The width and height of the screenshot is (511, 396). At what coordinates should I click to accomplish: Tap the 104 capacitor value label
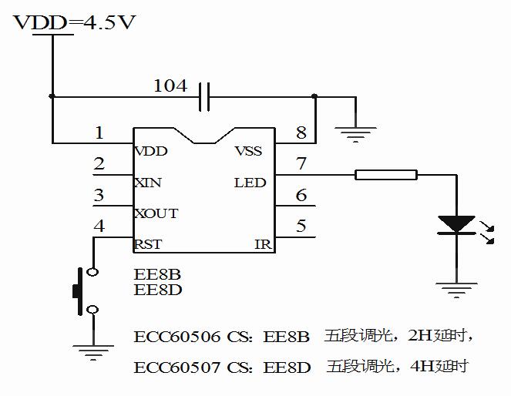coord(170,86)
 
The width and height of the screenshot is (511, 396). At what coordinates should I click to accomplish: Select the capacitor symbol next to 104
coord(204,97)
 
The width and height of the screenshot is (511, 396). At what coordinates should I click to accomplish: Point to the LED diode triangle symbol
coord(456,224)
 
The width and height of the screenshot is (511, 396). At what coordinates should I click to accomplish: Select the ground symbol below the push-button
coord(93,354)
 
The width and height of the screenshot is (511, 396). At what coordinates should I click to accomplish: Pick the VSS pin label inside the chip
coord(248,151)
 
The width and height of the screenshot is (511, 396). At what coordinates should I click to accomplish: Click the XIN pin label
coord(146,183)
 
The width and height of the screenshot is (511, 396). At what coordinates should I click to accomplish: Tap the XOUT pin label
coord(156,213)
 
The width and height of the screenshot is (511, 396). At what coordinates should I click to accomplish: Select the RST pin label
coord(147,245)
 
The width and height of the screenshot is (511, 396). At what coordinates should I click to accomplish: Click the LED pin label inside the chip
coord(250,183)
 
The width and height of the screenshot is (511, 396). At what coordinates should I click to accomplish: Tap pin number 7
coord(301,164)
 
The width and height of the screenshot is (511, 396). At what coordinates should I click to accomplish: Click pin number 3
coord(99,195)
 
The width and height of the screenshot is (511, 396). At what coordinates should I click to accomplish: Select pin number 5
coord(301,227)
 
